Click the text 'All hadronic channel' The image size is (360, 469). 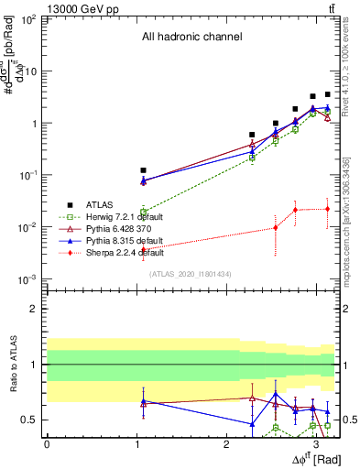(x=191, y=38)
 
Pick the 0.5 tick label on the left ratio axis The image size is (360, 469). (x=29, y=420)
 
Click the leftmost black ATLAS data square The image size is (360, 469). (x=144, y=170)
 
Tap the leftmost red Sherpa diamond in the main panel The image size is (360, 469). (x=144, y=250)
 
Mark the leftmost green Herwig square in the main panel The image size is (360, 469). (x=144, y=212)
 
